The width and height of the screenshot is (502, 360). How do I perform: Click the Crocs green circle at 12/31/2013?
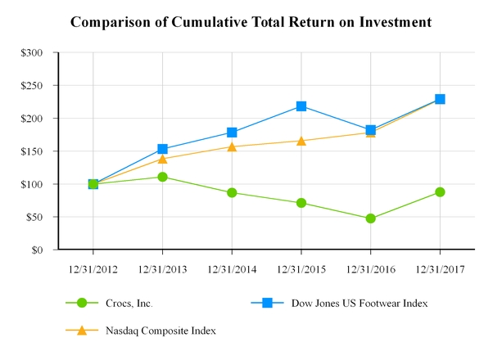click(x=162, y=177)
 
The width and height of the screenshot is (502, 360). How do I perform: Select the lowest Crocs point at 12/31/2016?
click(x=371, y=218)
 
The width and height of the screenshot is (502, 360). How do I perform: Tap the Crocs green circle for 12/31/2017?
click(x=440, y=192)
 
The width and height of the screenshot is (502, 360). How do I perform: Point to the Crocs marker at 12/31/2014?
click(x=232, y=193)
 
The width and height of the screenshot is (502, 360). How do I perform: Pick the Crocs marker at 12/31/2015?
click(x=301, y=203)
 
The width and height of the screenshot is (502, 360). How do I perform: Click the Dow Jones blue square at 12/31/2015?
click(x=301, y=106)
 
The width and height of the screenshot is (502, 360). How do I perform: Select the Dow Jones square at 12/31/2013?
click(x=162, y=149)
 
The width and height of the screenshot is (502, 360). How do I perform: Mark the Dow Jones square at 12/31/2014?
click(x=232, y=133)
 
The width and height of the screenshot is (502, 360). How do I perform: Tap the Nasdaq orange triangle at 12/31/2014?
click(x=232, y=146)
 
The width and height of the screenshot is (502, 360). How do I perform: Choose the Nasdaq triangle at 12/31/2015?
click(x=301, y=141)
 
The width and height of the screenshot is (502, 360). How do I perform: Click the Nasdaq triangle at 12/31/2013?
click(x=162, y=159)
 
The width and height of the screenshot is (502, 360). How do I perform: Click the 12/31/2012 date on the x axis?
click(x=93, y=270)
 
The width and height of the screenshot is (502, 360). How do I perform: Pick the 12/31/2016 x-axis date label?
click(x=371, y=270)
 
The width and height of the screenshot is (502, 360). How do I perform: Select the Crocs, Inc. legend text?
click(x=129, y=304)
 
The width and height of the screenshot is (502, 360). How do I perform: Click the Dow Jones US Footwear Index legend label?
click(x=360, y=304)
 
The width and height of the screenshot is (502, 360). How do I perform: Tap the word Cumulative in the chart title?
click(x=206, y=22)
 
